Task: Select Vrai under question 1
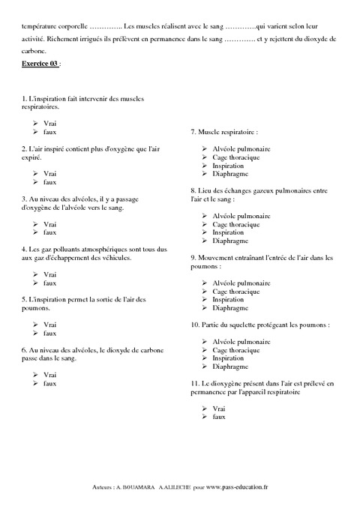(50, 123)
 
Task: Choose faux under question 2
(50, 182)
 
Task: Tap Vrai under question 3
(50, 224)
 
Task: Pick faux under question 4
(50, 283)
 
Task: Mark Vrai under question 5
(50, 324)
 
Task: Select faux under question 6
(50, 383)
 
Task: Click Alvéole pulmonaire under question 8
(241, 216)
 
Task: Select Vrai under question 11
(219, 409)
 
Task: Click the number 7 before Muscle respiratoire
(193, 132)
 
